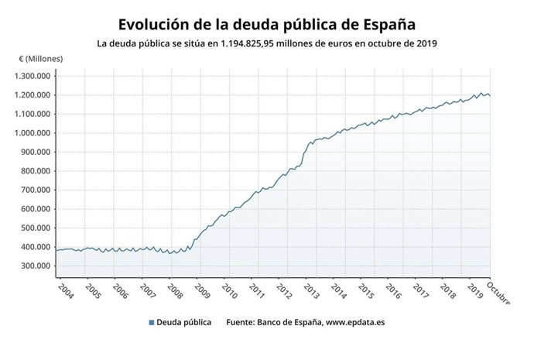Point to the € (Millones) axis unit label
click(41, 59)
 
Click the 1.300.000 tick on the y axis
click(33, 76)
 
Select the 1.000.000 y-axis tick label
click(33, 133)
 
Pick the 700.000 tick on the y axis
click(36, 190)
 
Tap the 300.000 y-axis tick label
click(36, 266)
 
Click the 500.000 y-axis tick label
click(36, 228)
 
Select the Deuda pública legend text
click(183, 323)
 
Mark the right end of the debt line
click(490, 96)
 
